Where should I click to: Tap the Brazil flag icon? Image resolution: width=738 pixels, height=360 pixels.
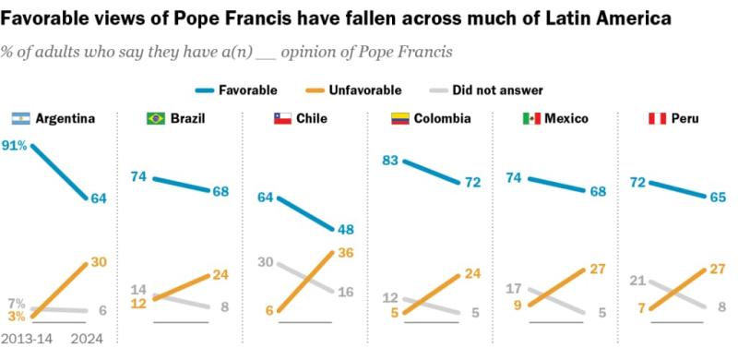[x=156, y=118]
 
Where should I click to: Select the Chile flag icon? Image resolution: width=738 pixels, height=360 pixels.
[x=281, y=118]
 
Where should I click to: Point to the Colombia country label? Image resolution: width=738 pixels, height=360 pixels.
[x=442, y=118]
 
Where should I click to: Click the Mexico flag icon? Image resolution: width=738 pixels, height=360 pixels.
[x=531, y=118]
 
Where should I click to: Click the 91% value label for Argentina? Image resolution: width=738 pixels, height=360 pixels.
[x=15, y=146]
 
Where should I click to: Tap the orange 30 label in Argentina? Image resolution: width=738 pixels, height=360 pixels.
[x=98, y=263]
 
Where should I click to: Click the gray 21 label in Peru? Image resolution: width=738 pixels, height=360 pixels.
[x=637, y=281]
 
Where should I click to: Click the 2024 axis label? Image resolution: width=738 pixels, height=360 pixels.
[x=89, y=339]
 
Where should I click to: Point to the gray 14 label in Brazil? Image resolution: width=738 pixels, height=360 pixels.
[x=138, y=289]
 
